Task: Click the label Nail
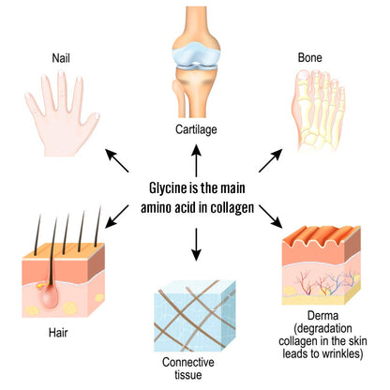pos(61,58)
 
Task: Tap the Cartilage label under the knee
pos(196,129)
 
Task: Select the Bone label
pos(309,57)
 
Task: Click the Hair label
pos(58,333)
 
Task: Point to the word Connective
pos(188,362)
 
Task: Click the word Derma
pos(322,315)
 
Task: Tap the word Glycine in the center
pos(168,188)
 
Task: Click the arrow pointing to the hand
pos(117,160)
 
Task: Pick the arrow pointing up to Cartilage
pos(196,160)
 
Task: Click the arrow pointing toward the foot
pos(271,160)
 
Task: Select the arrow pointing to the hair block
pos(117,217)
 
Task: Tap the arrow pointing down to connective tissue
pos(196,245)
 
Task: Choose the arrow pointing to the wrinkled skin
pos(271,217)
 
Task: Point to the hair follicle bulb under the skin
pos(50,297)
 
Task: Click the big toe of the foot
pos(301,91)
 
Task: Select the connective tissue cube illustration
pos(194,316)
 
